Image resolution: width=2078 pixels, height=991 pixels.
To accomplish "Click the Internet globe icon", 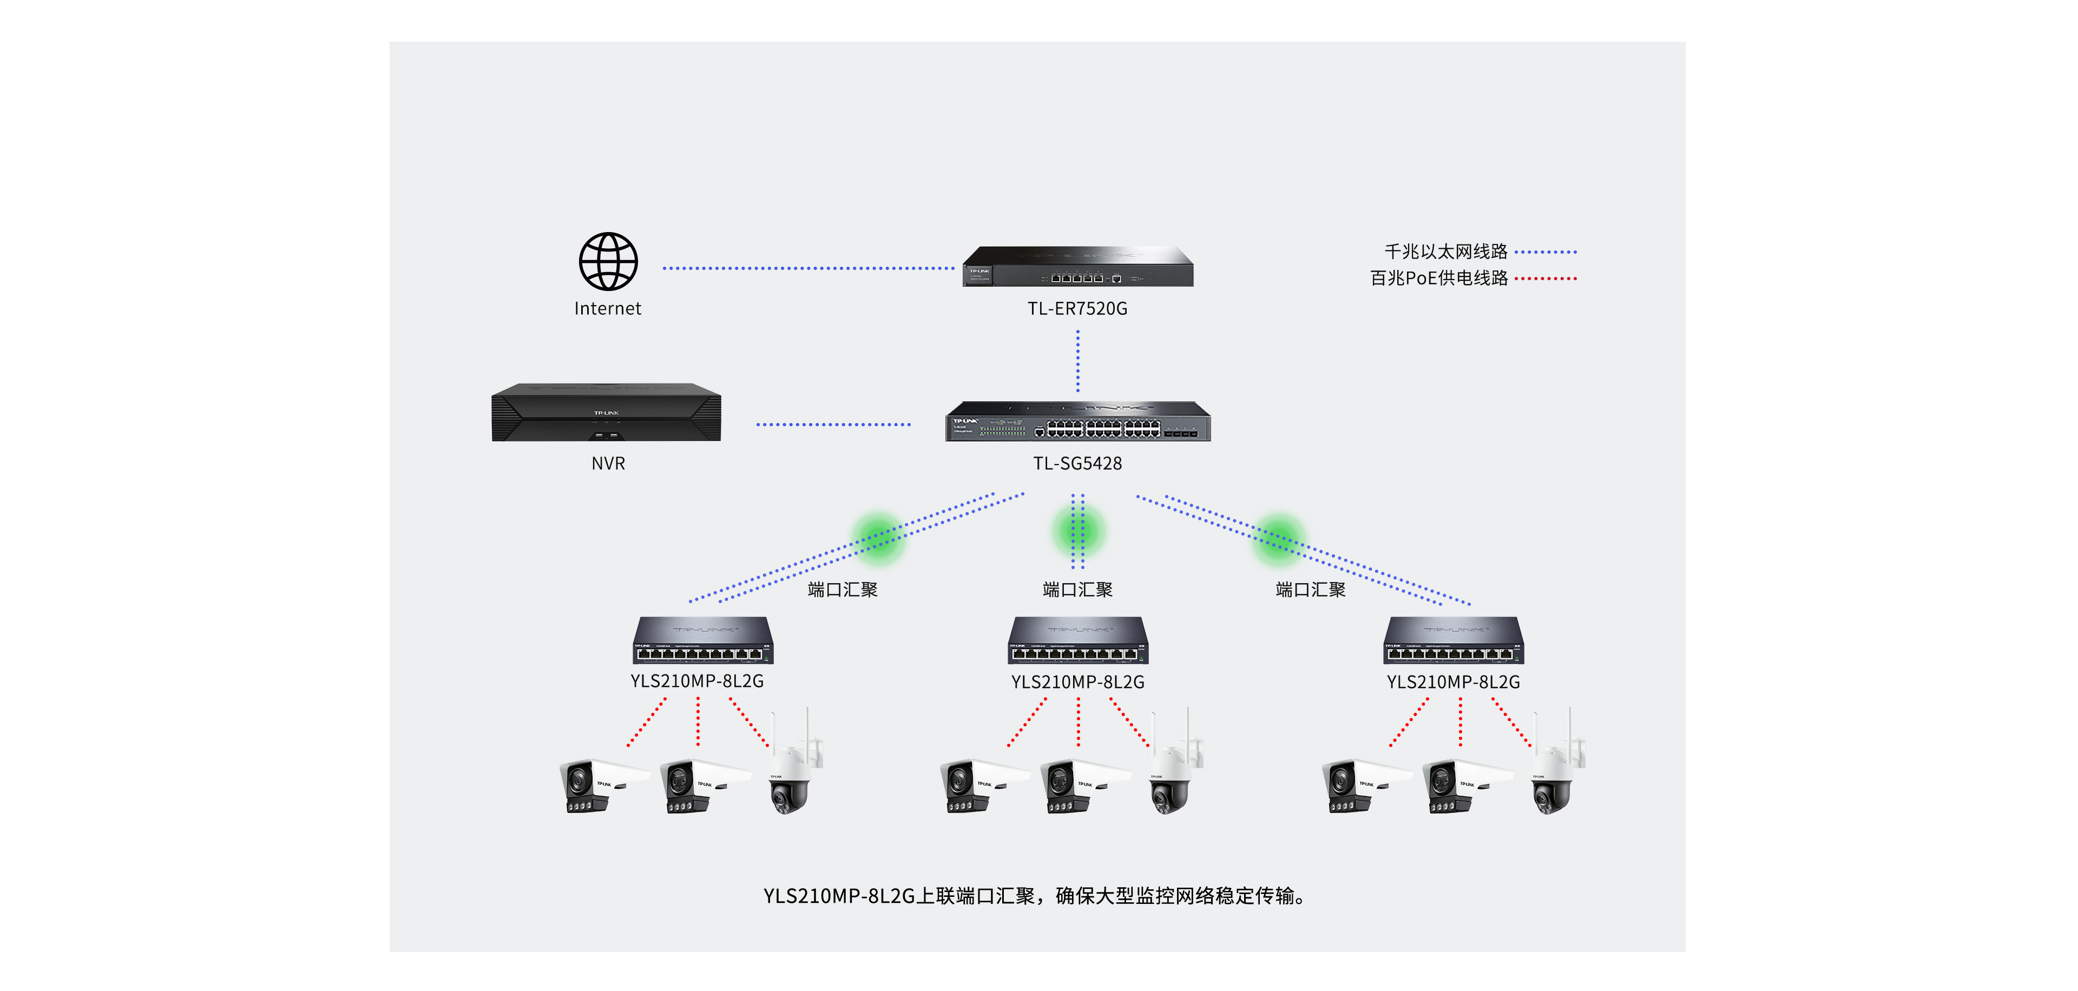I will (x=608, y=261).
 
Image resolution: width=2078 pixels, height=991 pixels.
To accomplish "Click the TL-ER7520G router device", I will (x=1078, y=267).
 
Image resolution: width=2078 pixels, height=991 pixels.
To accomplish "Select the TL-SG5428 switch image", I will (x=1078, y=421).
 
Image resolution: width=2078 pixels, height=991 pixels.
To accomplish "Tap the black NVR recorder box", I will (x=607, y=412).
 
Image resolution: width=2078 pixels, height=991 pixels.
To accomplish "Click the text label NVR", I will (x=608, y=464).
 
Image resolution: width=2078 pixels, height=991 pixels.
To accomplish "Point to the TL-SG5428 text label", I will (x=1078, y=464).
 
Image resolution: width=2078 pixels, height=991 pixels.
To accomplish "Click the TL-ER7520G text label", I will (x=1078, y=309).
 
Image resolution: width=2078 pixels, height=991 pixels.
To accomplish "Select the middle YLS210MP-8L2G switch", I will (x=1078, y=641).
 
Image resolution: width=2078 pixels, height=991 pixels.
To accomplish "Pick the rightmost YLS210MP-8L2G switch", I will (x=1454, y=641).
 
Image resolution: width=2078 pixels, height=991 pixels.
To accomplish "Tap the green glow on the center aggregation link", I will (x=1078, y=531).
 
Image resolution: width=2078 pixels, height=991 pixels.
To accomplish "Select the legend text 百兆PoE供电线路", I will (x=1438, y=278).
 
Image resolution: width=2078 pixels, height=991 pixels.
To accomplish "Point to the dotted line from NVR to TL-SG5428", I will (x=833, y=424).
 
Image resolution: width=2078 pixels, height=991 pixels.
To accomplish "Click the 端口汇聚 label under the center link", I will (x=1078, y=590).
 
